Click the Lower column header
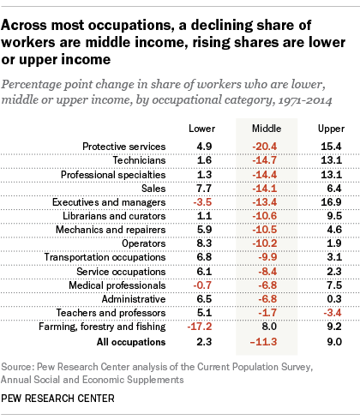point(201,129)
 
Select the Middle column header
point(267,129)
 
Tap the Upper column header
point(331,129)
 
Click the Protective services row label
point(124,147)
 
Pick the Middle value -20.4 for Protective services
point(265,147)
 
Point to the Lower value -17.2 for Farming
point(200,327)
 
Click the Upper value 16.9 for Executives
point(331,202)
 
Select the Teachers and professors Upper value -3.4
point(333,313)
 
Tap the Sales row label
point(153,189)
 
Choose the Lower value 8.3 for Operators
point(204,243)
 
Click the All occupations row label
point(131,342)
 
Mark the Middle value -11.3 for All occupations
point(263,342)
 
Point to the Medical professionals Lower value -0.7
point(202,285)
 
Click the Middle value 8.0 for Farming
point(269,327)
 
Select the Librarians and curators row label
point(114,216)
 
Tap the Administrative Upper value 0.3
point(334,299)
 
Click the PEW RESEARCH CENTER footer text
point(57,399)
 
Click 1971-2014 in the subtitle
point(305,100)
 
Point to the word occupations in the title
point(130,26)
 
